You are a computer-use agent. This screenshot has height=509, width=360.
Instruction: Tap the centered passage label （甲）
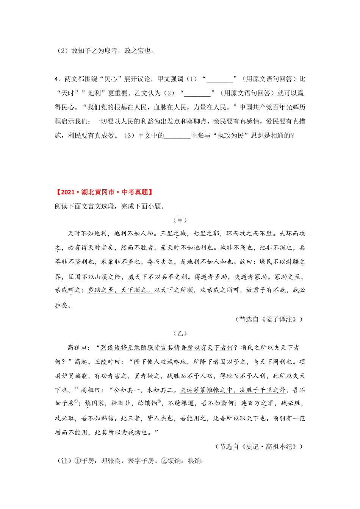(x=180, y=220)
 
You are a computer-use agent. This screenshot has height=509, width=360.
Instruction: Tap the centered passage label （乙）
(x=180, y=333)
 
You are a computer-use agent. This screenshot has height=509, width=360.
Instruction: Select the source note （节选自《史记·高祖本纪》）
(x=260, y=447)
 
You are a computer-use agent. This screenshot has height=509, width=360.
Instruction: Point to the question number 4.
(x=56, y=79)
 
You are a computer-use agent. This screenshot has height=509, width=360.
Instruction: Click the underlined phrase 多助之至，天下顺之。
(x=120, y=290)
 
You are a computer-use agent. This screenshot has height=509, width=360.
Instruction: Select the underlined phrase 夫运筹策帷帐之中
(x=204, y=390)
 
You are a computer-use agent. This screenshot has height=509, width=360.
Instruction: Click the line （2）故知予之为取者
(x=105, y=51)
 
